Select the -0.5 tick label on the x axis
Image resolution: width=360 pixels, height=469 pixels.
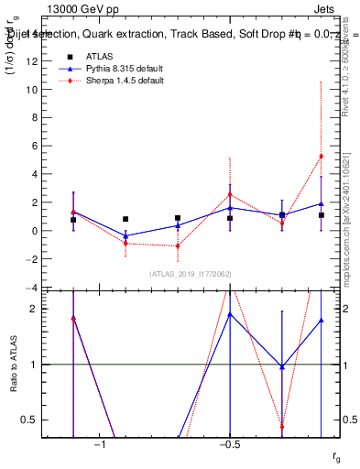(x=229, y=445)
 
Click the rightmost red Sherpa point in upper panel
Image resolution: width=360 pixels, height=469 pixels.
(x=321, y=157)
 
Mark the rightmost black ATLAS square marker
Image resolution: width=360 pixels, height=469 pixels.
(x=321, y=215)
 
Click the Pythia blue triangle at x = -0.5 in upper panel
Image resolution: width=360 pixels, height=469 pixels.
(x=230, y=208)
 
